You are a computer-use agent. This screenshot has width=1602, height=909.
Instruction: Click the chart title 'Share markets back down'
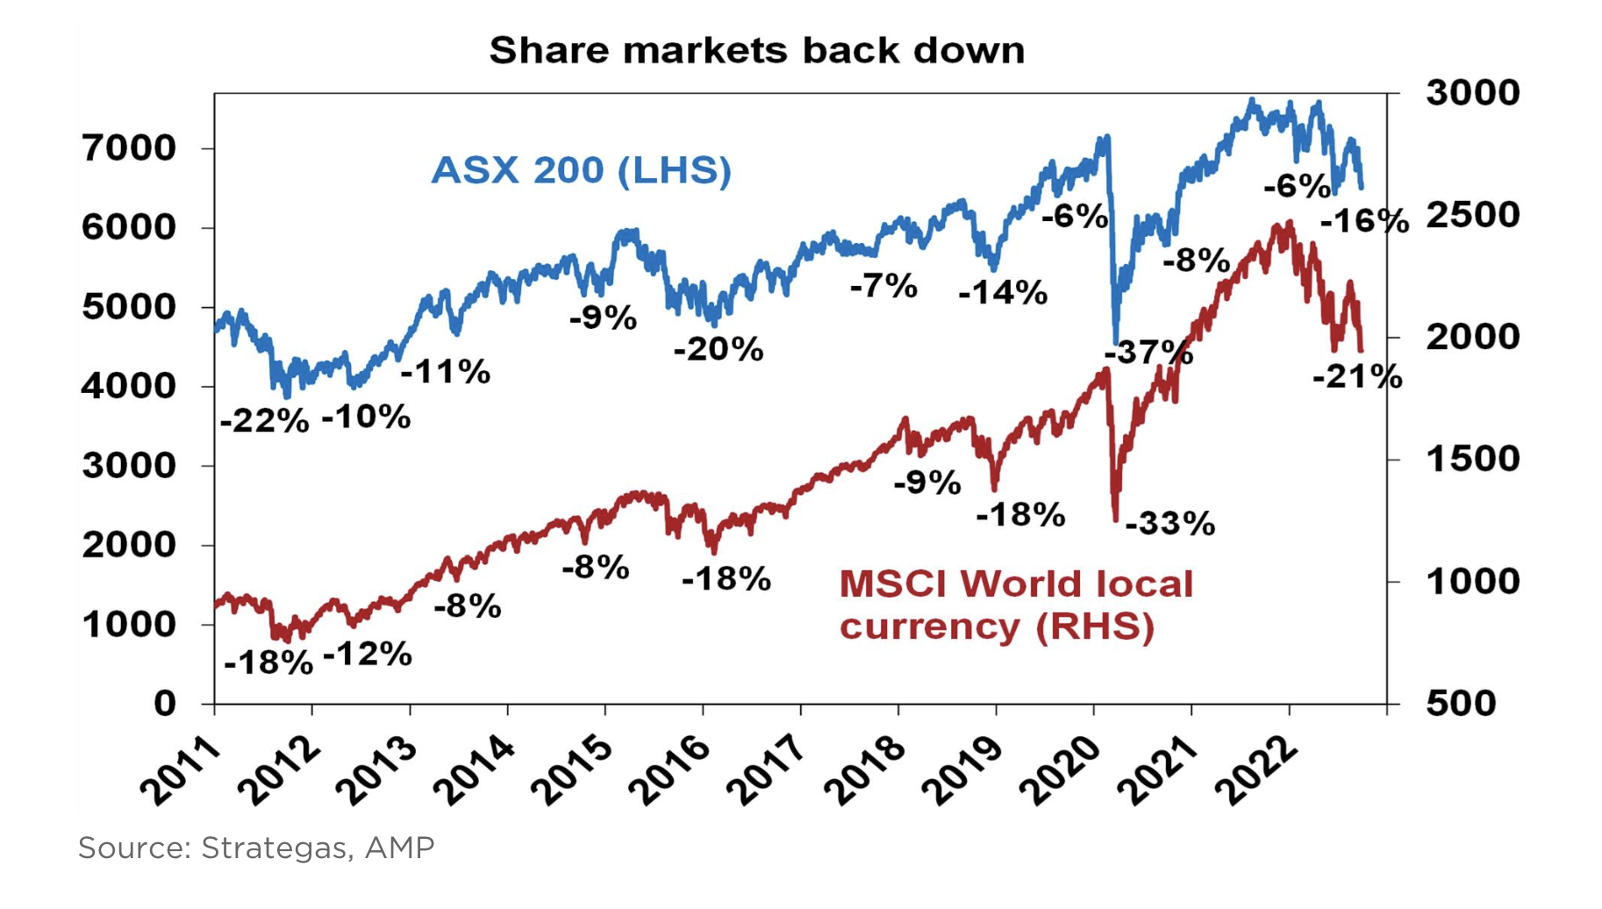point(756,51)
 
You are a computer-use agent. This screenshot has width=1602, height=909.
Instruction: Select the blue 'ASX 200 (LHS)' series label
point(581,170)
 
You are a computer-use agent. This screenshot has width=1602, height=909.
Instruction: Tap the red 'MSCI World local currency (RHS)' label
point(1016,605)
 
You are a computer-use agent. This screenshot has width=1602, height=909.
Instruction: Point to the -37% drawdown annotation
point(1148,353)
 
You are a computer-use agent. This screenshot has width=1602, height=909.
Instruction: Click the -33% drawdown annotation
point(1169,524)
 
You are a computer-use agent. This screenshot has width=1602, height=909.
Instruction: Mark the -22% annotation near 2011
point(264,422)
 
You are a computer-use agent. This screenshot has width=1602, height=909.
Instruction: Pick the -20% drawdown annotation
point(719,349)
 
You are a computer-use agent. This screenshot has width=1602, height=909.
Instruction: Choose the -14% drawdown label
point(1003,292)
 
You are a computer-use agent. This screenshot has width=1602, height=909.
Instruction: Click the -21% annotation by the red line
point(1357,377)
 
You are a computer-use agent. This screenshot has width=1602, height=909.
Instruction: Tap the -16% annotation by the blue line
point(1364,220)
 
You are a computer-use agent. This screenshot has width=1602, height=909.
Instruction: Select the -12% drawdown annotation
point(368,655)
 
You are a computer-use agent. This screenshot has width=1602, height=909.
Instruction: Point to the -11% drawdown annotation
point(446,372)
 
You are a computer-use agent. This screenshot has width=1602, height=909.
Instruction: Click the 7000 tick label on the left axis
point(129,148)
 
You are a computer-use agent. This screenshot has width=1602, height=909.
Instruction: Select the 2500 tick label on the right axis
point(1472,215)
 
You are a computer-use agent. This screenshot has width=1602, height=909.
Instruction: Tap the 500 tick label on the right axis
point(1461,703)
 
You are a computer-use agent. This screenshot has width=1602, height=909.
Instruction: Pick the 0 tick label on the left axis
point(165,703)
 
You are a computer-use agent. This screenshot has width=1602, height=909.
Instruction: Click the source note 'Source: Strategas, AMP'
point(256,848)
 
